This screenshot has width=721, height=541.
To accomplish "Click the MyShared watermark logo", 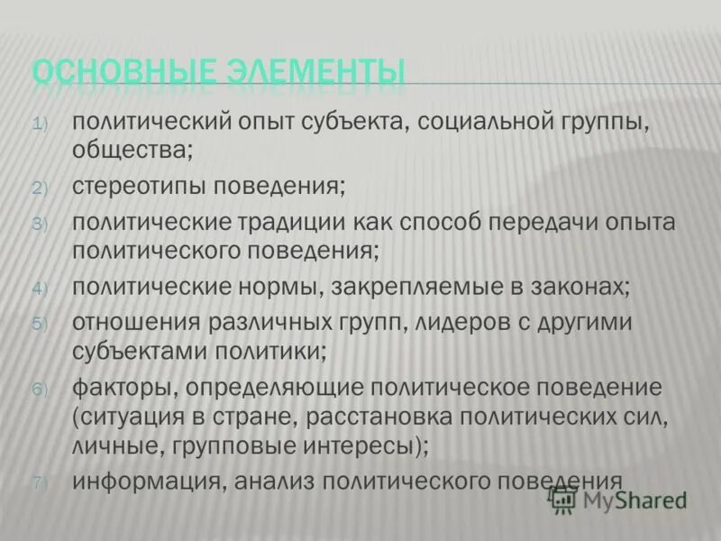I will click(x=622, y=499).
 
